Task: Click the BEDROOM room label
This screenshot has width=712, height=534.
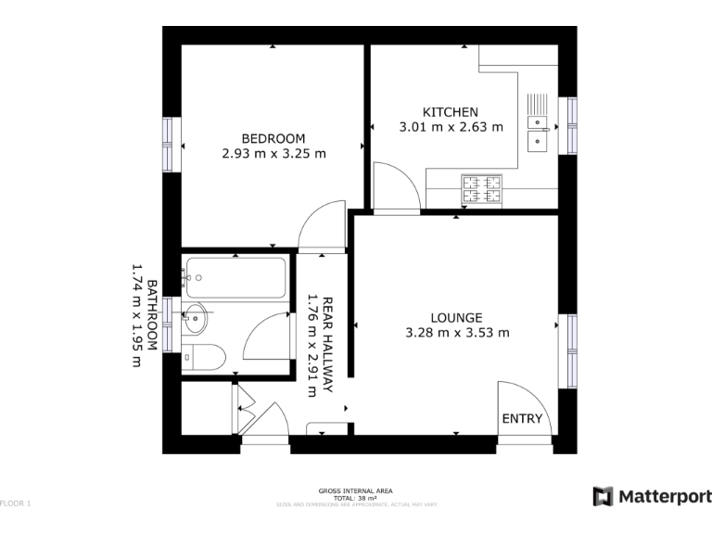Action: (x=273, y=138)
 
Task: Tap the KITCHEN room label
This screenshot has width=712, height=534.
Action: (x=451, y=112)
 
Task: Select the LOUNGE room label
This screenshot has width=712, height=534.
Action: (x=457, y=317)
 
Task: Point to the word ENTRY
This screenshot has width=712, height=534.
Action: (x=521, y=419)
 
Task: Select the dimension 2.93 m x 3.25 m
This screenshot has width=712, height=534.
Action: (x=273, y=154)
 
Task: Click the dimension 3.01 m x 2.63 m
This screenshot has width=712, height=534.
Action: (x=451, y=128)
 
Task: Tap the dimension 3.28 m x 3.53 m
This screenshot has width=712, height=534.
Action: (x=457, y=333)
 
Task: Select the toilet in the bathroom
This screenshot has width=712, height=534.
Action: (x=201, y=356)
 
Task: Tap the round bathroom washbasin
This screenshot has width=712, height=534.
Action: (x=194, y=316)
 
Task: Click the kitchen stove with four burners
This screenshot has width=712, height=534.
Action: (x=481, y=190)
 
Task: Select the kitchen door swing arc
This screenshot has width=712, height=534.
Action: (x=393, y=181)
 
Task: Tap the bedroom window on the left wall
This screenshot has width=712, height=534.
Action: (x=169, y=144)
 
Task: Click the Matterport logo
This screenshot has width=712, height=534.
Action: (x=652, y=496)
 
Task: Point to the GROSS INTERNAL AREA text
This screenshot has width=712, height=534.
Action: (x=356, y=489)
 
